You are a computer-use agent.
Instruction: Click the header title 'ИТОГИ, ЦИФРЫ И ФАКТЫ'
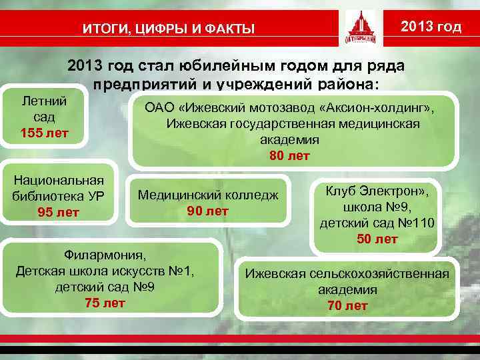168,29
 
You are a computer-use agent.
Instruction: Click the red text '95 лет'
59,213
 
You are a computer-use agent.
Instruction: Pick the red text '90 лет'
207,211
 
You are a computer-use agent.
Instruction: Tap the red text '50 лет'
377,238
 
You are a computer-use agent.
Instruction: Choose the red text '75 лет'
105,303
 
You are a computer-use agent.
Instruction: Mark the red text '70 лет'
347,306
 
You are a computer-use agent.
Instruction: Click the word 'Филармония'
104,255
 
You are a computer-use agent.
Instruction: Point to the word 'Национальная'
59,180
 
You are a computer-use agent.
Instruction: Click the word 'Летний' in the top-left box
44,101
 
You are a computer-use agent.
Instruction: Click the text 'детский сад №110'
377,222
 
